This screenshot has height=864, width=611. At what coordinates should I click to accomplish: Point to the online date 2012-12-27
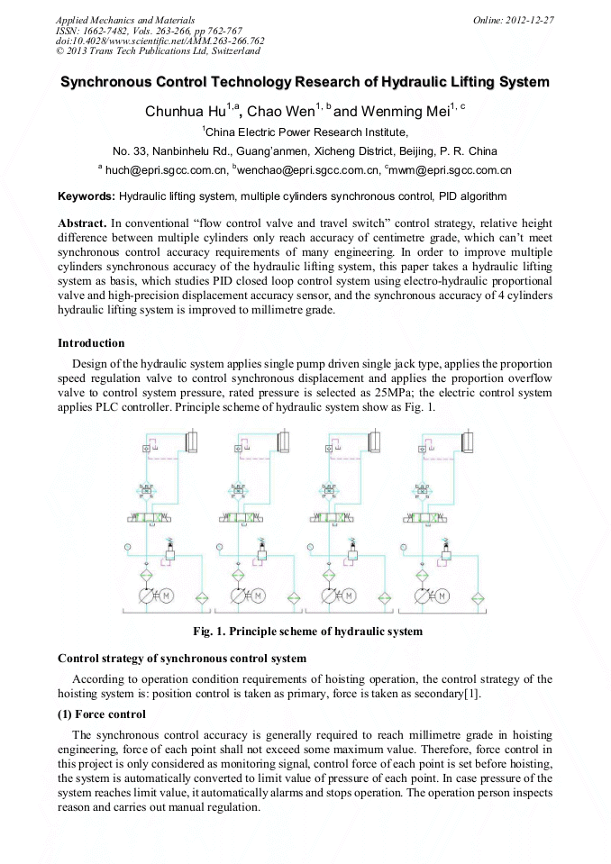pos(532,20)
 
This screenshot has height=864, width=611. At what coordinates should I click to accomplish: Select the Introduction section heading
pos(91,342)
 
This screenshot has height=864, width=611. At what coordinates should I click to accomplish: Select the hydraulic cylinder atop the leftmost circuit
pos(190,442)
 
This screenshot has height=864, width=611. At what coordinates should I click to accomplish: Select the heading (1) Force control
pos(101,714)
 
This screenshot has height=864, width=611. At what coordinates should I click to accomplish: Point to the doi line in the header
pos(160,41)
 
